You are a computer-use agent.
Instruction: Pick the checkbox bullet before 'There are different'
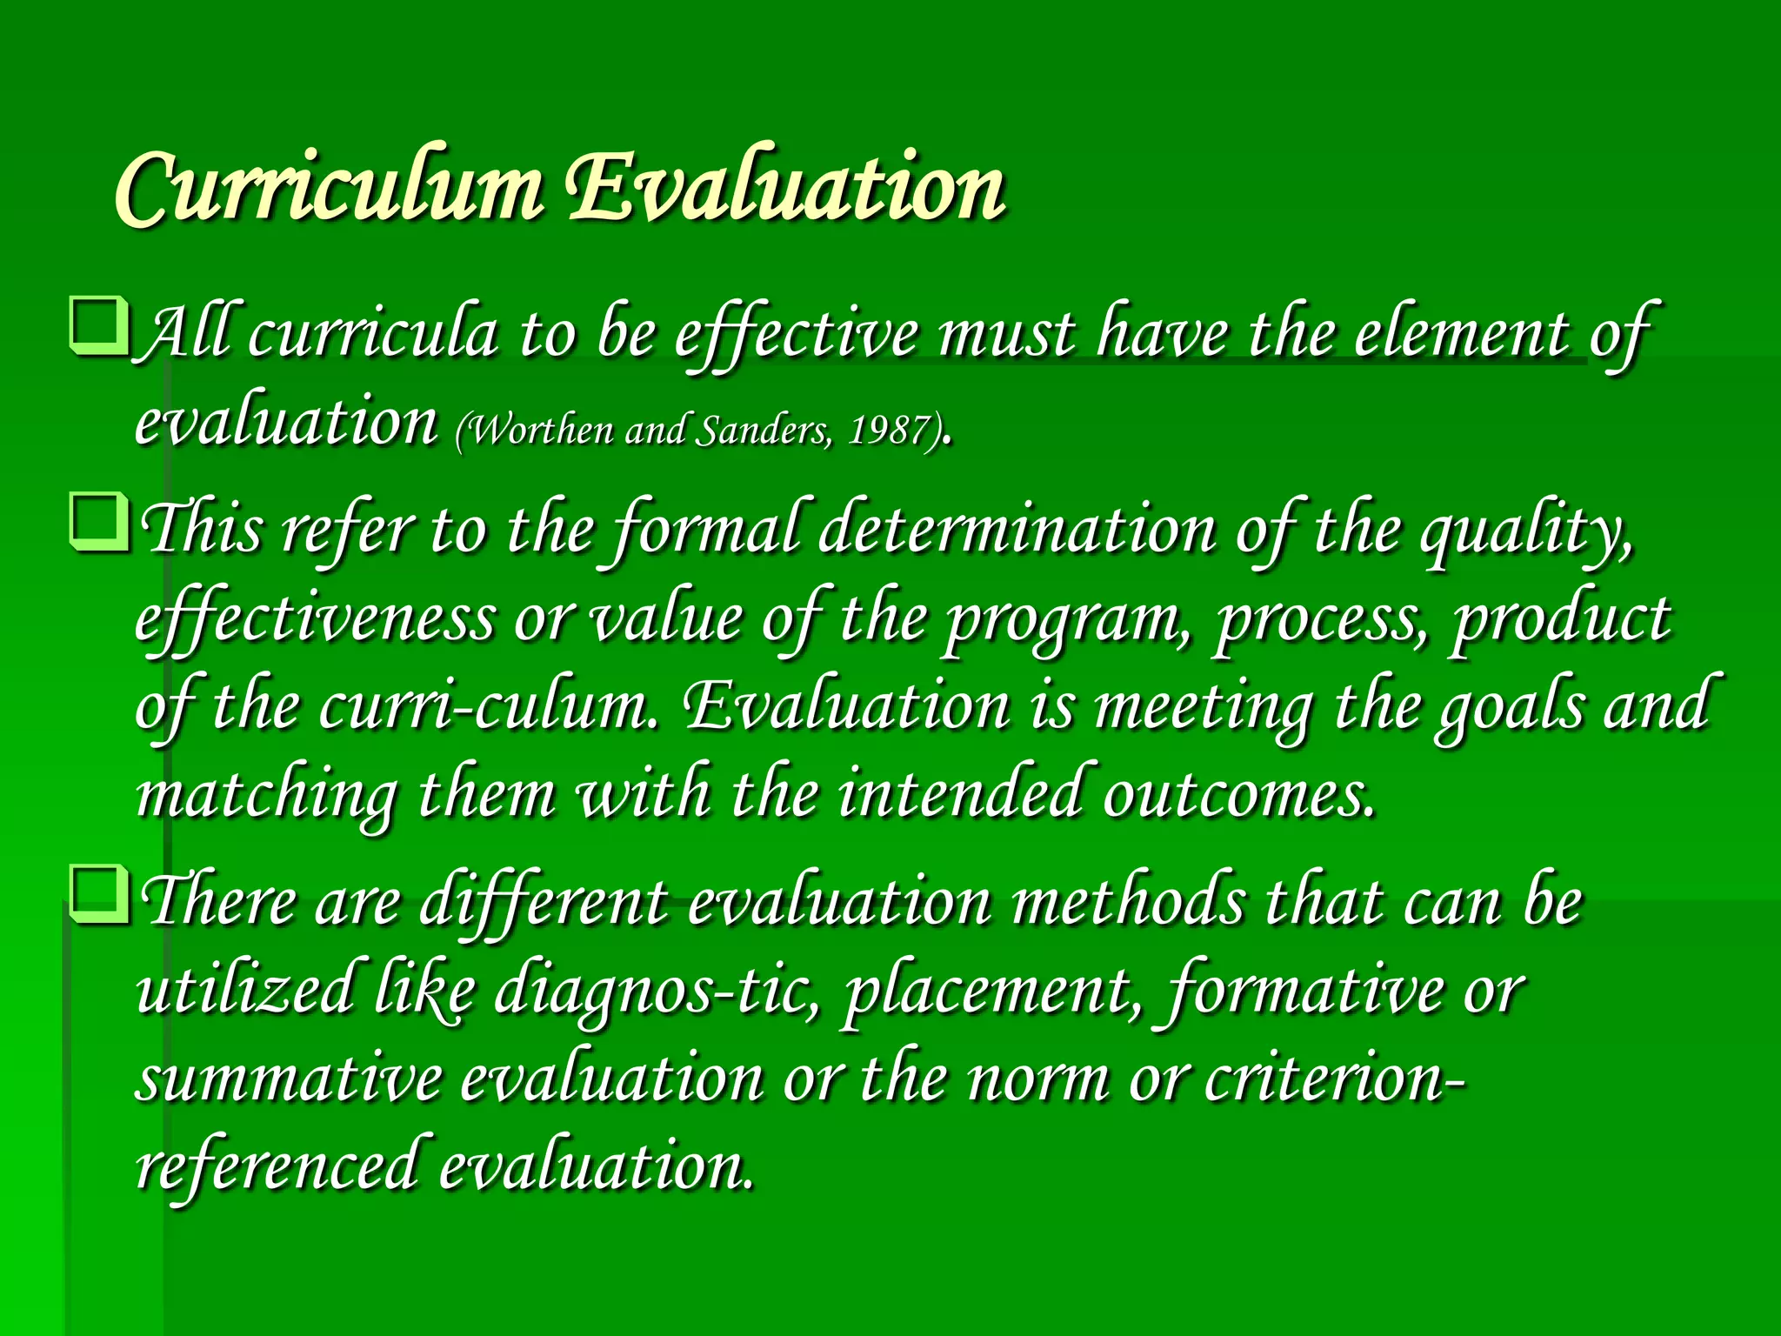coord(100,896)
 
